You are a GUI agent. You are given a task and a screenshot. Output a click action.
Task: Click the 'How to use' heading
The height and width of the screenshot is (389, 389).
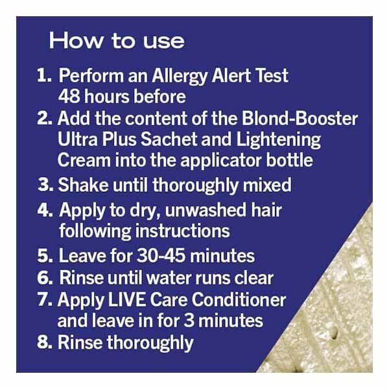[x=117, y=41]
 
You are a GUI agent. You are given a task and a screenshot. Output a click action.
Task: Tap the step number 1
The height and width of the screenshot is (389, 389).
[x=44, y=76]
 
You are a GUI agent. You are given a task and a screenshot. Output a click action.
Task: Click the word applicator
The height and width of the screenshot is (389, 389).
[x=222, y=160]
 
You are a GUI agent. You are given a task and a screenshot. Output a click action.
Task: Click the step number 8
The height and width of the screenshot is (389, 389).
[x=45, y=342]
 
